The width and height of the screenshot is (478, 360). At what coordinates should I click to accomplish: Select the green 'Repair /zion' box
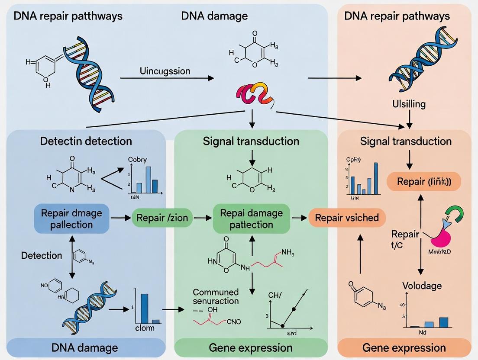[162, 218]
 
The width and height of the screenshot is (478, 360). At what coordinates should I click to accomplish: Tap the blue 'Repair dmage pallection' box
[71, 219]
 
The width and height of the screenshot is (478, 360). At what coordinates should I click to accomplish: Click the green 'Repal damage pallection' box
[251, 219]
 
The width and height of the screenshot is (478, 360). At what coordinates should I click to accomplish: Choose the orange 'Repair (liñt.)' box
[423, 181]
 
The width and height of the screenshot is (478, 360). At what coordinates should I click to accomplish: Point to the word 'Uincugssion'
[165, 71]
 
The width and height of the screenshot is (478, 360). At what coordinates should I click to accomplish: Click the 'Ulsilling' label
[409, 104]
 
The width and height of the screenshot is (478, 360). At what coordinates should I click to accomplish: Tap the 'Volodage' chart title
[422, 286]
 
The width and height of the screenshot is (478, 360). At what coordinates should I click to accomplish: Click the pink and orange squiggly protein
[254, 94]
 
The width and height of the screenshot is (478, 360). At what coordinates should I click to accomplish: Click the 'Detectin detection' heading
[86, 141]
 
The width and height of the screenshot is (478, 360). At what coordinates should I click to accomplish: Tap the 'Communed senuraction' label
[216, 296]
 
